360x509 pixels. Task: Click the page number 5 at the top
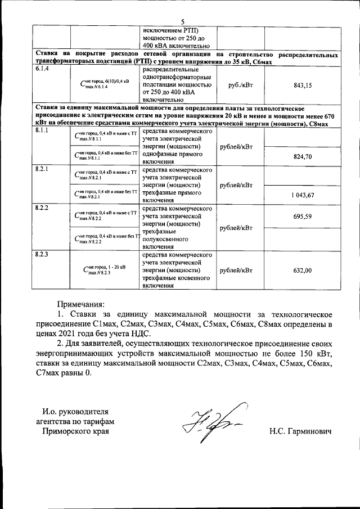pyautogui.click(x=183, y=21)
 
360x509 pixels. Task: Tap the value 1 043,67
pyautogui.click(x=303, y=195)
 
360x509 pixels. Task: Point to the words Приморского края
pyautogui.click(x=75, y=431)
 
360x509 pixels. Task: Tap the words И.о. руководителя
pyautogui.click(x=75, y=411)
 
